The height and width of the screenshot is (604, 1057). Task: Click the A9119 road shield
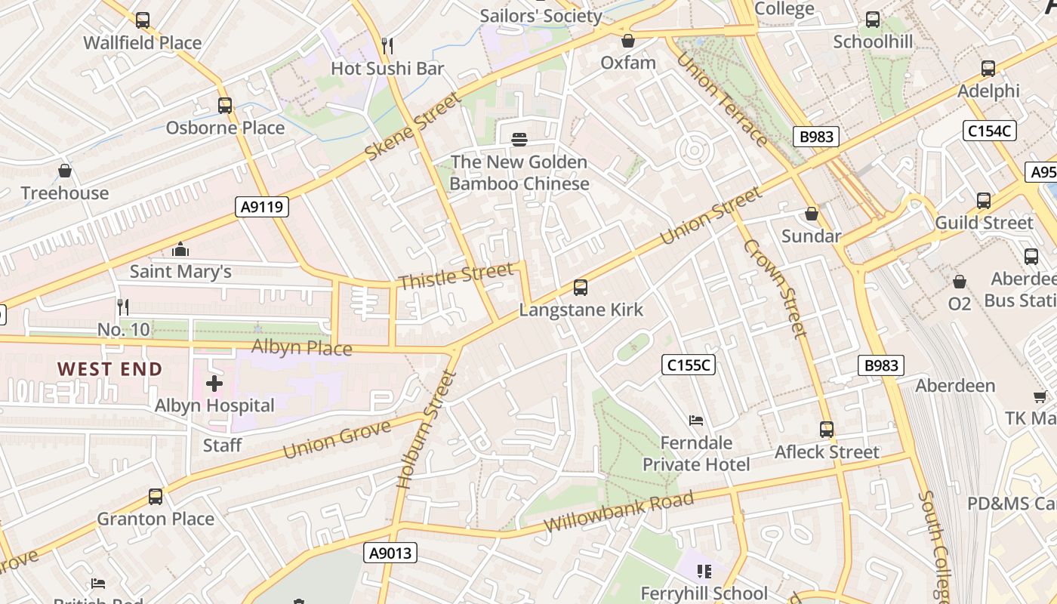tap(262, 207)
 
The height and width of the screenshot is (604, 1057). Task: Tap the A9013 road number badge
tap(390, 553)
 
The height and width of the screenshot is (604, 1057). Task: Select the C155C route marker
tap(689, 365)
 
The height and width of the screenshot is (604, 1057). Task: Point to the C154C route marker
tap(991, 131)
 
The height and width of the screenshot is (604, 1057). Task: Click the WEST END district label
tap(110, 369)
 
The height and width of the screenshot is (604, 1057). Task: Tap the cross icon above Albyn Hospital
tap(214, 384)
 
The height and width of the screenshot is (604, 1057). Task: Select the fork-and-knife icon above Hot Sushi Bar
tap(387, 46)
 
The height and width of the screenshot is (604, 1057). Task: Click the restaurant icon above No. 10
tap(123, 307)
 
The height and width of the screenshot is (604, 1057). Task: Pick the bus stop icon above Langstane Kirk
tap(580, 288)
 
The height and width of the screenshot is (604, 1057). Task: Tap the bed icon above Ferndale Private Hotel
tap(696, 420)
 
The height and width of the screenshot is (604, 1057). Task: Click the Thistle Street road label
tap(455, 276)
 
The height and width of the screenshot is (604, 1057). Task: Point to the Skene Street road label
tap(412, 126)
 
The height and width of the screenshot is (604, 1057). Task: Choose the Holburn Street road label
tap(427, 428)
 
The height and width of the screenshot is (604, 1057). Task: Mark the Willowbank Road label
tap(618, 512)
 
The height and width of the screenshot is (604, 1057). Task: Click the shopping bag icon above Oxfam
tap(627, 41)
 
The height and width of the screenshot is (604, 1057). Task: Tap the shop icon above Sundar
tap(812, 214)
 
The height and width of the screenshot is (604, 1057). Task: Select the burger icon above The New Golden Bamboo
tap(519, 140)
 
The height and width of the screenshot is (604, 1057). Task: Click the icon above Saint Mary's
tap(180, 249)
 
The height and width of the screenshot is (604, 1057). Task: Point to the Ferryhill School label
tap(704, 593)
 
